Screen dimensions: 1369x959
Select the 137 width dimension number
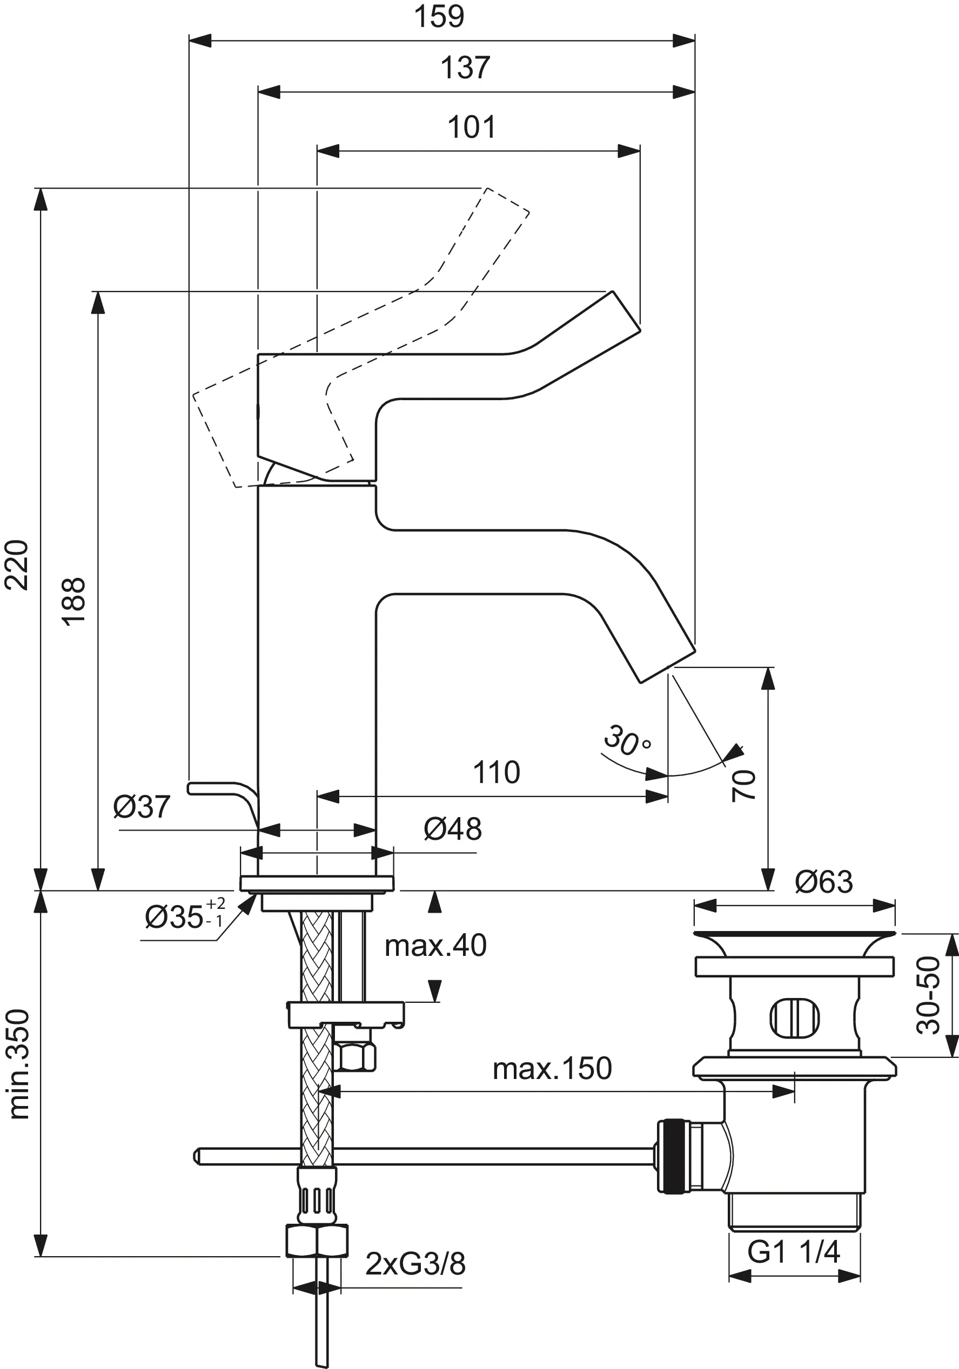(x=465, y=68)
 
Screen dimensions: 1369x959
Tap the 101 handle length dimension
(x=471, y=127)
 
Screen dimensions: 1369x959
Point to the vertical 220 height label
(x=17, y=565)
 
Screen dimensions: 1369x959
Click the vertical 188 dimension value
(x=74, y=601)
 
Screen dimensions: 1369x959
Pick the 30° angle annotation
(x=626, y=741)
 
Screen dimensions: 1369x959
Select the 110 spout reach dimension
(x=496, y=772)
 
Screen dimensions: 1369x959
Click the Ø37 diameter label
(x=142, y=807)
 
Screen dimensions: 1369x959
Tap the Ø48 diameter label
(x=453, y=830)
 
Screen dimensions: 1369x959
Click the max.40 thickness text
(x=435, y=946)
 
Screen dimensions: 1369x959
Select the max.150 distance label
(x=552, y=1069)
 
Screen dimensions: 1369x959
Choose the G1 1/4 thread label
(x=793, y=1252)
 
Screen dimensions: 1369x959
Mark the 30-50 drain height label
(x=928, y=995)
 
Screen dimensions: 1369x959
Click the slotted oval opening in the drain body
(x=794, y=1018)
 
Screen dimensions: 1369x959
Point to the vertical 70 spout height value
(x=743, y=785)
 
